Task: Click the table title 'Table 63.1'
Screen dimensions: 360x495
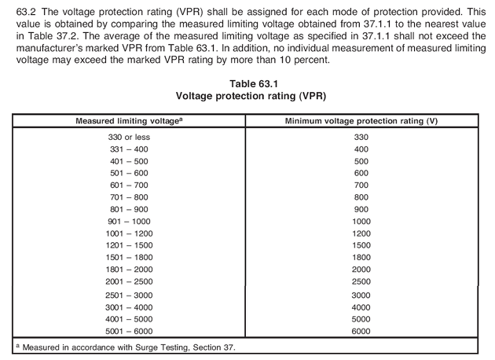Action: click(x=247, y=83)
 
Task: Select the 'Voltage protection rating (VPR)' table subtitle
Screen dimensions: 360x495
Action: click(x=247, y=96)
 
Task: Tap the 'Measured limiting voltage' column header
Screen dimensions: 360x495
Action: click(x=130, y=119)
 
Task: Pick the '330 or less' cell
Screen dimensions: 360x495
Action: click(x=130, y=137)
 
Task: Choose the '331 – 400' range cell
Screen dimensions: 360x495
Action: click(x=130, y=149)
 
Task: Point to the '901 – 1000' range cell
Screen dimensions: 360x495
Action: click(x=130, y=222)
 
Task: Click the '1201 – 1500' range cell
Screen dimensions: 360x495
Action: click(x=130, y=246)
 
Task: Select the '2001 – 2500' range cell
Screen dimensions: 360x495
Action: click(x=130, y=281)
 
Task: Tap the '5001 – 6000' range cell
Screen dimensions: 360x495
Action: click(x=130, y=331)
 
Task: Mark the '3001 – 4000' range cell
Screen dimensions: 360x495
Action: click(x=130, y=307)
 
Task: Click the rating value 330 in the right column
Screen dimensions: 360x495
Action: click(x=361, y=137)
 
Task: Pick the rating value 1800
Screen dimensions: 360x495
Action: click(x=361, y=258)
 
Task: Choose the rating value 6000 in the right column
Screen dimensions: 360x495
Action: click(x=361, y=331)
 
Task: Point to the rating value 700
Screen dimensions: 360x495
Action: click(x=361, y=186)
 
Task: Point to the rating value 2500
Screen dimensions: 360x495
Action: click(x=361, y=281)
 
